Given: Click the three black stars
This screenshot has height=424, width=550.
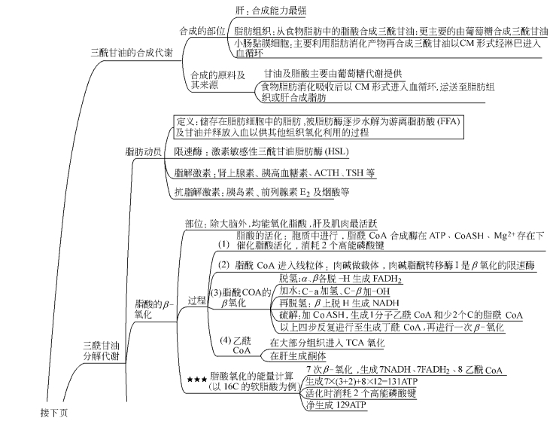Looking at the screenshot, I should (x=197, y=376).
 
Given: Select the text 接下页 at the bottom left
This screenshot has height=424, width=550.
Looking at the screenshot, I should (x=53, y=412).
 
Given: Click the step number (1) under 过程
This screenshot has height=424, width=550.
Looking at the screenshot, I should (x=223, y=244).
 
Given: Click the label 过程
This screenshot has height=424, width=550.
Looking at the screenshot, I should (x=197, y=300).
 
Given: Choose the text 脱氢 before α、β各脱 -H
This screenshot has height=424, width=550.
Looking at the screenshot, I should (x=288, y=278).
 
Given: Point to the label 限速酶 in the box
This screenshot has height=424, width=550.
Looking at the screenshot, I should (x=188, y=151).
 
